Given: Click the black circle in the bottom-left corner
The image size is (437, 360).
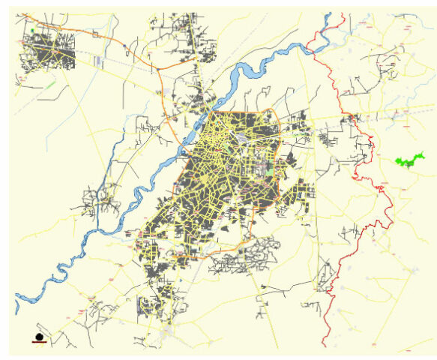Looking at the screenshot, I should tap(39, 337).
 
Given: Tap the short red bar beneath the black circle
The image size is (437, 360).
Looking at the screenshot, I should tap(39, 343).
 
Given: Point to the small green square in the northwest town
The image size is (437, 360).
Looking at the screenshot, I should tap(34, 31).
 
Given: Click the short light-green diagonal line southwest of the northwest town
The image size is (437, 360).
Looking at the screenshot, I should tap(50, 85).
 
